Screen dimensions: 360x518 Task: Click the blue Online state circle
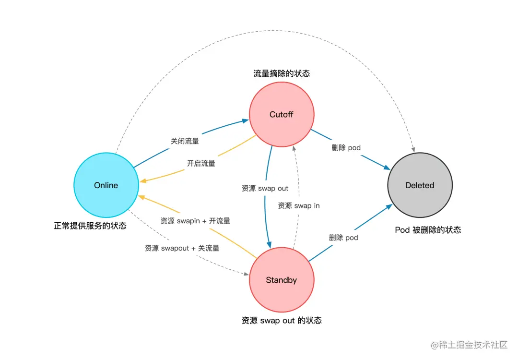click(106, 185)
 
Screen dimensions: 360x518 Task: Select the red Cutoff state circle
click(281, 115)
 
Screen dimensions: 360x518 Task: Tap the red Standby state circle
click(281, 280)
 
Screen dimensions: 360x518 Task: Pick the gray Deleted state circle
click(420, 185)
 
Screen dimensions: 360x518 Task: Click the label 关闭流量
click(185, 141)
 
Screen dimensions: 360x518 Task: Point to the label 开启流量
click(201, 163)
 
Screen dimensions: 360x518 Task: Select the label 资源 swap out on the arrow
click(265, 188)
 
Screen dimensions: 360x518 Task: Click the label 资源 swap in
click(299, 205)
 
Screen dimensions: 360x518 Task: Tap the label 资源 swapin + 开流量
click(195, 221)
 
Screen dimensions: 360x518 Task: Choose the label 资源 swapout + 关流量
click(182, 248)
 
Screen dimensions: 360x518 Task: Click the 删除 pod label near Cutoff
click(346, 147)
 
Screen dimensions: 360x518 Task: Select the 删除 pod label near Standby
click(343, 237)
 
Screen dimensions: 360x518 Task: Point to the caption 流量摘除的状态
click(282, 73)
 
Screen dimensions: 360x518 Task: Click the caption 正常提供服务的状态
click(90, 226)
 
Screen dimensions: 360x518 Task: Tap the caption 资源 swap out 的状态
click(282, 320)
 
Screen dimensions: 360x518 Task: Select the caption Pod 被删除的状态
click(428, 230)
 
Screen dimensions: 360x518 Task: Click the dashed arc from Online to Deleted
click(269, 33)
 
